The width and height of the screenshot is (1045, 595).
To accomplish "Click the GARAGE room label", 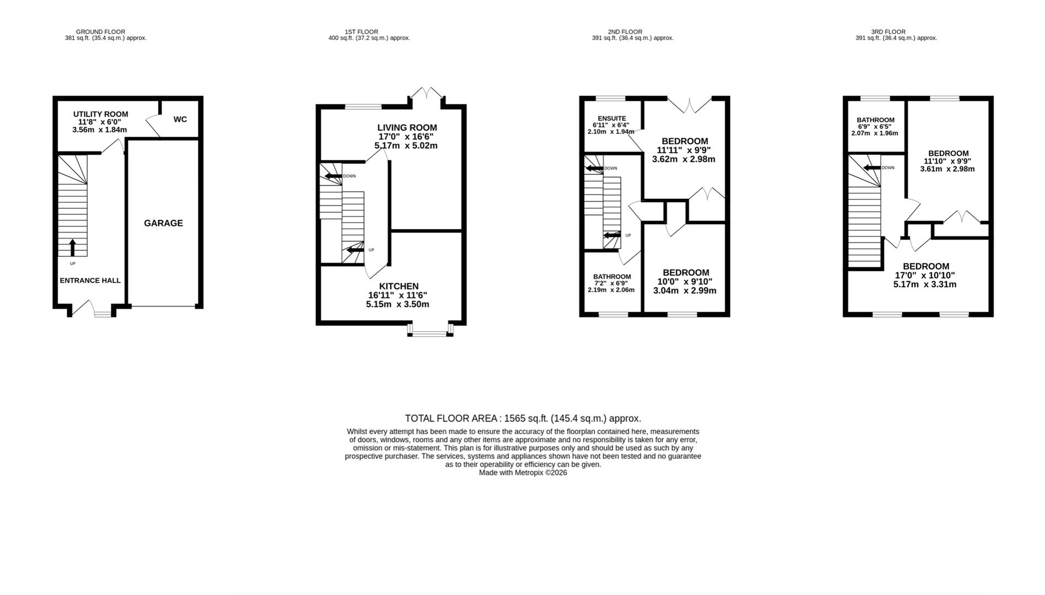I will pyautogui.click(x=163, y=223).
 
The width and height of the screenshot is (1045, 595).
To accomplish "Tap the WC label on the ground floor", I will pyautogui.click(x=180, y=120).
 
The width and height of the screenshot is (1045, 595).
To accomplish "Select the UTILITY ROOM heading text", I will pyautogui.click(x=100, y=114).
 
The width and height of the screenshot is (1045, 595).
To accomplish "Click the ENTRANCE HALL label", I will pyautogui.click(x=90, y=280).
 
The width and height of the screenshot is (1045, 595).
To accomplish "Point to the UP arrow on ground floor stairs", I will pyautogui.click(x=72, y=247).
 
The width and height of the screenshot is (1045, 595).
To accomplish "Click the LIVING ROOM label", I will pyautogui.click(x=407, y=128).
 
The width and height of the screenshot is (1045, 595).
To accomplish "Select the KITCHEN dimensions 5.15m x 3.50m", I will pyautogui.click(x=397, y=304).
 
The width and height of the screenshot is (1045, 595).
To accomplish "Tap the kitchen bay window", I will pyautogui.click(x=430, y=330).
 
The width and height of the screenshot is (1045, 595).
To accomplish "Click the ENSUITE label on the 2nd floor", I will pyautogui.click(x=612, y=118).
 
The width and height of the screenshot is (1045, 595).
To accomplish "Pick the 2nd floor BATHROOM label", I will pyautogui.click(x=612, y=277).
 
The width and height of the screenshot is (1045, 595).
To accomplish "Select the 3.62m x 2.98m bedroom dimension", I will pyautogui.click(x=683, y=159).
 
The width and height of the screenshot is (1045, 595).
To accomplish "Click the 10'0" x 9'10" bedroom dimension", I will pyautogui.click(x=685, y=282).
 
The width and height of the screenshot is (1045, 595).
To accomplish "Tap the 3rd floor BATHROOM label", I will pyautogui.click(x=875, y=120).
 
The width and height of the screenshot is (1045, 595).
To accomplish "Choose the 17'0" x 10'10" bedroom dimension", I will pyautogui.click(x=924, y=275).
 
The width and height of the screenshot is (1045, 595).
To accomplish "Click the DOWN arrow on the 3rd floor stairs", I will pyautogui.click(x=871, y=168).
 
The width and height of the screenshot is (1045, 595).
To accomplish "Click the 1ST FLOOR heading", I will pyautogui.click(x=361, y=32).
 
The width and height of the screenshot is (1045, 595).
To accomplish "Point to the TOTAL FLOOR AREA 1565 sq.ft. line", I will pyautogui.click(x=522, y=418).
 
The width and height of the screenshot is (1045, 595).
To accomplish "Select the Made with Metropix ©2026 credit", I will pyautogui.click(x=522, y=473).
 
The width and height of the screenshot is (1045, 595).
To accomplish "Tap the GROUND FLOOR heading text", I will pyautogui.click(x=100, y=32).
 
